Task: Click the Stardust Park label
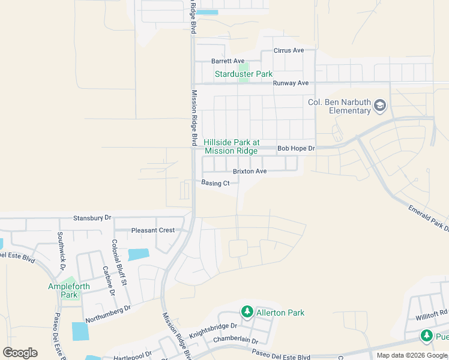click(244, 74)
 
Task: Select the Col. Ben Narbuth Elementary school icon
click(379, 106)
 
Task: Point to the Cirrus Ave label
click(289, 50)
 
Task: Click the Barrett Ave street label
click(228, 61)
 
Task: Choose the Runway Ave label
click(291, 83)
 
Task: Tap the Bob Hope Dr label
click(295, 148)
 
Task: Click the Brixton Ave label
click(250, 171)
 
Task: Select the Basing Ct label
click(215, 183)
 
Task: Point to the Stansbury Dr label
click(92, 217)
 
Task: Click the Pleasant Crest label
click(153, 230)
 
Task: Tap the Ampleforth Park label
click(69, 290)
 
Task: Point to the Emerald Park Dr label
click(429, 218)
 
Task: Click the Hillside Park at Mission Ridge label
click(231, 146)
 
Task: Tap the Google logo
click(20, 353)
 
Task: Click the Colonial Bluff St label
click(119, 263)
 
